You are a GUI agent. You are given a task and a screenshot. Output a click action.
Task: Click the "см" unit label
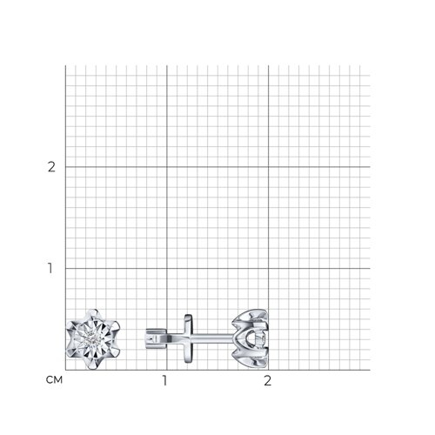54,379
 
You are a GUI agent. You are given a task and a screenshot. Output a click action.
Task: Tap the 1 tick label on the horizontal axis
165,380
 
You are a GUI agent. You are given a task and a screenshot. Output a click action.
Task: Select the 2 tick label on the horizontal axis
267,380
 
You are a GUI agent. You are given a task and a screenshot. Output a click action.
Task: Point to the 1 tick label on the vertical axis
50,268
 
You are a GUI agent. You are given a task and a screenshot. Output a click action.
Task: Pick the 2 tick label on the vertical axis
51,167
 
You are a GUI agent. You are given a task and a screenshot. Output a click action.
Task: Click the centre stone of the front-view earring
92,339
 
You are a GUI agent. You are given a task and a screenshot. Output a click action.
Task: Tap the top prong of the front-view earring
93,312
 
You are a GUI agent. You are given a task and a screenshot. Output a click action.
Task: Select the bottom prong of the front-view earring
93,366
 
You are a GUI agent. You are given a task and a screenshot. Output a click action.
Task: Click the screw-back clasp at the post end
155,338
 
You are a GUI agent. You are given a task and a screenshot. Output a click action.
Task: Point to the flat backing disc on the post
188,338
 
